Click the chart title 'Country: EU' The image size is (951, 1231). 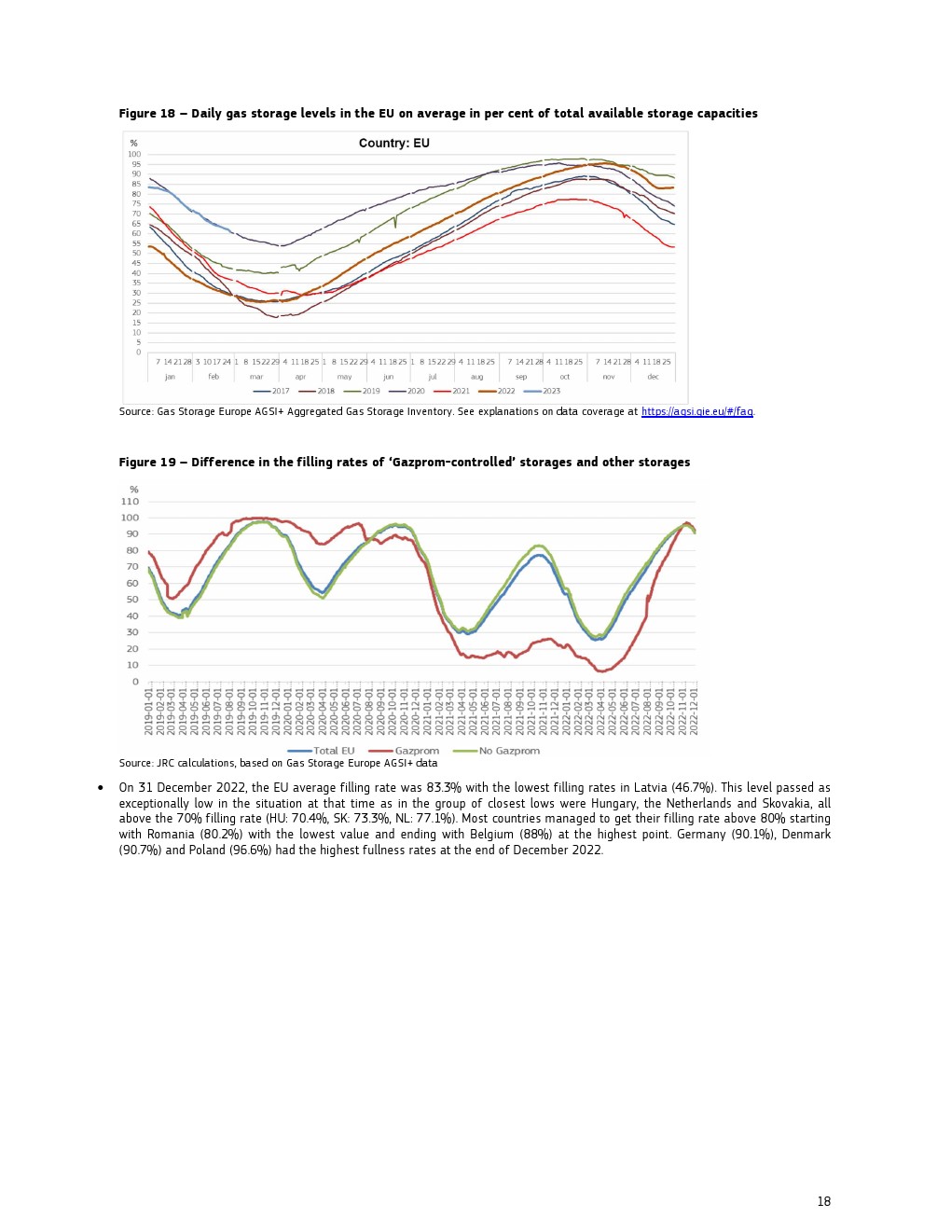tap(393, 144)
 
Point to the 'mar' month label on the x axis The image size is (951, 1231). tap(256, 377)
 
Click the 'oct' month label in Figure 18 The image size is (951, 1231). tap(564, 377)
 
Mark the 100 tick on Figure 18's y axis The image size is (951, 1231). tap(134, 155)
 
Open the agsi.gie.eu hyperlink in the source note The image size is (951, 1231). tap(696, 411)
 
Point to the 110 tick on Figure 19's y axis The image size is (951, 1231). tap(130, 502)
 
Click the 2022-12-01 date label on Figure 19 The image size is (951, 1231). tap(694, 712)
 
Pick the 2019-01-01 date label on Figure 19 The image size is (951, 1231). tap(149, 712)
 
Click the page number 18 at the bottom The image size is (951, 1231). tap(823, 1201)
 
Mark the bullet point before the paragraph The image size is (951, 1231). tap(101, 788)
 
